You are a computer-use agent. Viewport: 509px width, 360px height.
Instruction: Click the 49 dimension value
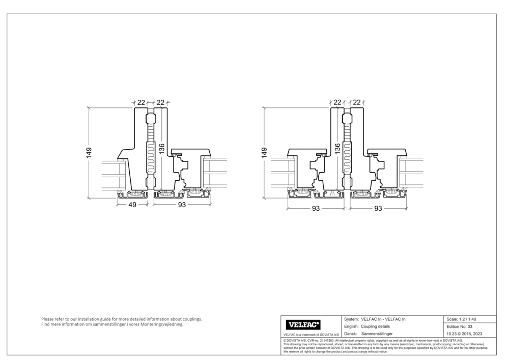click(132, 205)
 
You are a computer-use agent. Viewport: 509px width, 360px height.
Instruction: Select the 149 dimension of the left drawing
click(89, 152)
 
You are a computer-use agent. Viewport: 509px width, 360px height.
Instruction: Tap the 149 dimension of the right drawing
click(264, 152)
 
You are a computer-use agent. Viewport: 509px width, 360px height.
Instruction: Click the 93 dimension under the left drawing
click(182, 205)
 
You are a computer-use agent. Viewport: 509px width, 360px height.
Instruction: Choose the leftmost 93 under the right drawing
click(316, 209)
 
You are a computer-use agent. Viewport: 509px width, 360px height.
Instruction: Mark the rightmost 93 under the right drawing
click(378, 209)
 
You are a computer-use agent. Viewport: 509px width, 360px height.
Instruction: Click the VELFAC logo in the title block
click(304, 324)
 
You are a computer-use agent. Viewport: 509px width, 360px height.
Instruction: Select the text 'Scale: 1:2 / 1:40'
click(461, 319)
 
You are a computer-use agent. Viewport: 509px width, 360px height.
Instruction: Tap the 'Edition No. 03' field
click(459, 326)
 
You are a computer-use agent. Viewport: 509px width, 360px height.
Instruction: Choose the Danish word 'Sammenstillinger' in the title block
click(380, 333)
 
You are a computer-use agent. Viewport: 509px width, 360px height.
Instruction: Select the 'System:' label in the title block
click(352, 319)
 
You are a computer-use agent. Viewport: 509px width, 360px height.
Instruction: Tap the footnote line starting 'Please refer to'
click(122, 319)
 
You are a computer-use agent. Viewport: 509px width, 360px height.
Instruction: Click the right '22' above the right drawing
click(356, 103)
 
